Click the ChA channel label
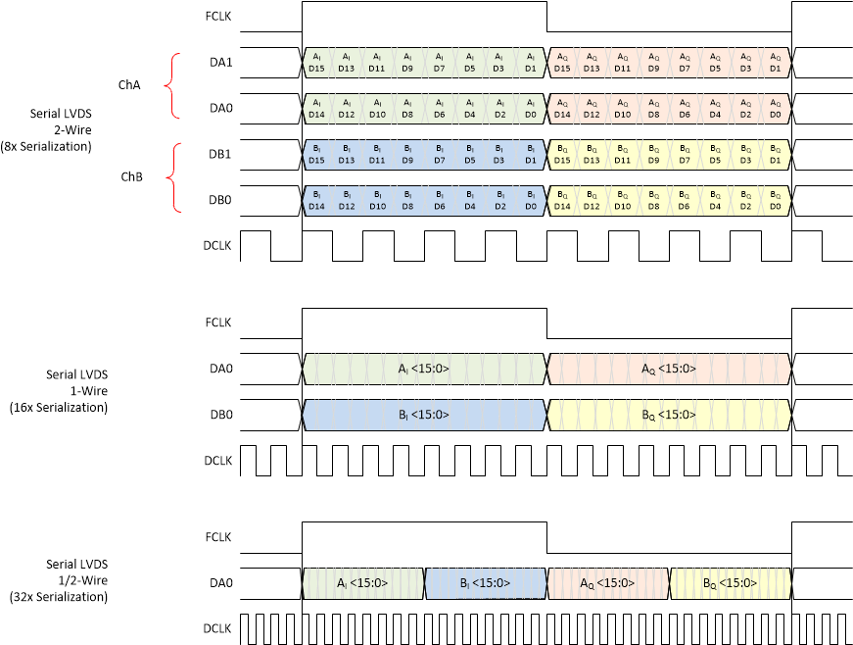pos(129,85)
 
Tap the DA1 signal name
pos(220,63)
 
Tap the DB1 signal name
pos(220,155)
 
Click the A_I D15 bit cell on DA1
pos(316,63)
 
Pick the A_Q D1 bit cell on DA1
pos(775,63)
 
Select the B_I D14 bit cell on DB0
pos(316,200)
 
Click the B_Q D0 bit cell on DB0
pos(775,200)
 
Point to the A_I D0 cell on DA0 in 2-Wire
pos(530,109)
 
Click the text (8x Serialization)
pos(46,146)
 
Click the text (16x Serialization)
pos(58,406)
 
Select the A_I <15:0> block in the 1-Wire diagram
pos(423,369)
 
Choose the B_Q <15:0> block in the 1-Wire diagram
pos(668,415)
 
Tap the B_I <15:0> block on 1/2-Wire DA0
pos(485,583)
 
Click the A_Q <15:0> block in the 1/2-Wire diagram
pos(607,583)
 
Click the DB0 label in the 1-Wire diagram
pos(220,415)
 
